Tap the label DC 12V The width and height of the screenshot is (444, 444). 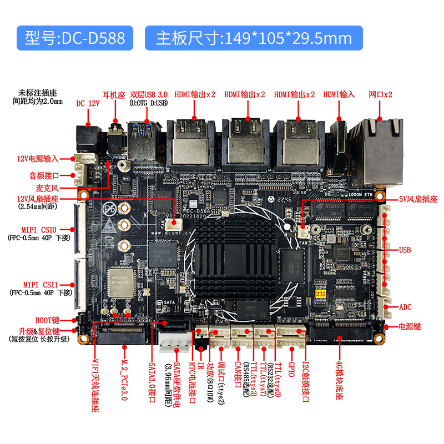tap(88, 104)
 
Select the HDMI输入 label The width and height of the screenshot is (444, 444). tap(339, 94)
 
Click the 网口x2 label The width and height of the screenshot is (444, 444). tap(380, 94)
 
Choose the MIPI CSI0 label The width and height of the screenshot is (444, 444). tap(40, 229)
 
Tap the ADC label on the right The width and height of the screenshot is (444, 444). tap(406, 307)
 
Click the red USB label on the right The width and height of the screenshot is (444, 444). tap(405, 250)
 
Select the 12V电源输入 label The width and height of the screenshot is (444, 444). tap(37, 159)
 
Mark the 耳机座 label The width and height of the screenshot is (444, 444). tap(115, 94)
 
